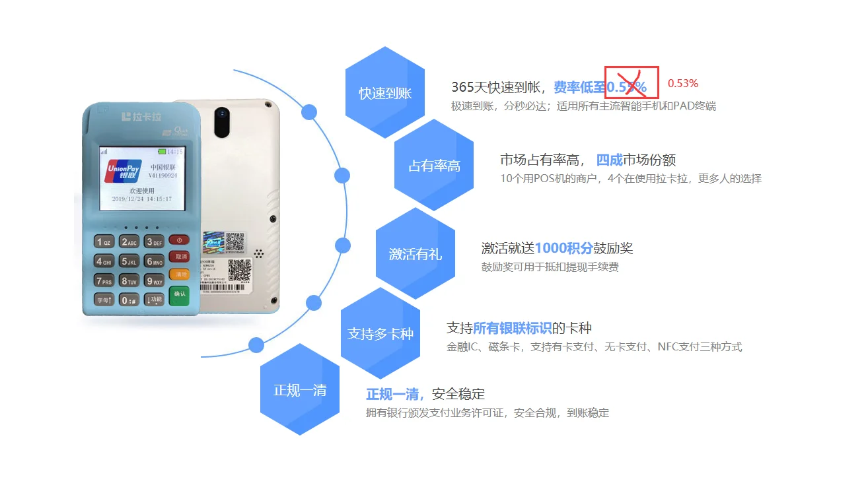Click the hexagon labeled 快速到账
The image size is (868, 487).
pyautogui.click(x=384, y=92)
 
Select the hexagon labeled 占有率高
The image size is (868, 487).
pyautogui.click(x=434, y=165)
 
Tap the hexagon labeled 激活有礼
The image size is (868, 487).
pyautogui.click(x=415, y=253)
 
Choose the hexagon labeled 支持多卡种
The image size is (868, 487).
pyautogui.click(x=380, y=333)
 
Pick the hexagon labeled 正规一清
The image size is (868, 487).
pyautogui.click(x=300, y=389)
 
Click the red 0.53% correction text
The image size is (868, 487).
pyautogui.click(x=682, y=83)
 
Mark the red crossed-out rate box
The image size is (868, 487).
pyautogui.click(x=632, y=82)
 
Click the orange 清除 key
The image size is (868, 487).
pyautogui.click(x=178, y=274)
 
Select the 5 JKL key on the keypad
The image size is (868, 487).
pyautogui.click(x=129, y=261)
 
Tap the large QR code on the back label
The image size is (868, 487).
pyautogui.click(x=240, y=269)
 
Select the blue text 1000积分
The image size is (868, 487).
pyautogui.click(x=563, y=248)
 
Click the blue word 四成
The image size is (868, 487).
pyautogui.click(x=609, y=160)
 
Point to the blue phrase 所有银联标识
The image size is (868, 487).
pyautogui.click(x=512, y=328)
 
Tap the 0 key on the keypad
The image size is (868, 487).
pyautogui.click(x=129, y=300)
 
